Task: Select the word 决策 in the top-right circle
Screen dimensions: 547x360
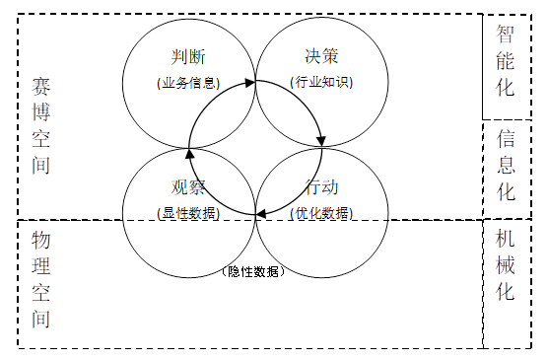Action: [322, 57]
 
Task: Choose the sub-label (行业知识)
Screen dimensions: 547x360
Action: [322, 83]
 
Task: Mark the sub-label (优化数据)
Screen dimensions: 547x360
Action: [322, 213]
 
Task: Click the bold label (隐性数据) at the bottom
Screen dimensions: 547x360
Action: [255, 272]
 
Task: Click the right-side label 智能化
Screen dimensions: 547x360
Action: [507, 60]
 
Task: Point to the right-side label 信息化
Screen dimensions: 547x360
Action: [507, 163]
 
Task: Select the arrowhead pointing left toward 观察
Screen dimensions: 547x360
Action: [258, 214]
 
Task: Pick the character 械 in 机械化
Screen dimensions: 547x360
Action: [507, 265]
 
